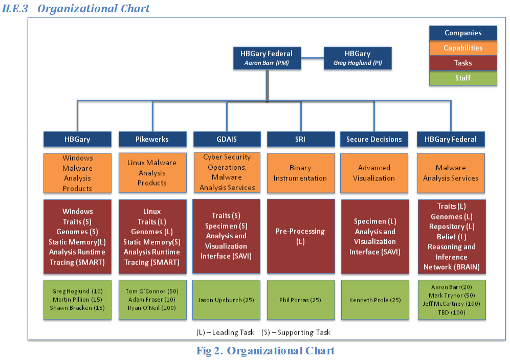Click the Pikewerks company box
[x=152, y=139]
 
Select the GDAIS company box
[x=227, y=139]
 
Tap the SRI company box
[x=301, y=139]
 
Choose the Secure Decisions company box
[x=374, y=139]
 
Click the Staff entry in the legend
[x=463, y=78]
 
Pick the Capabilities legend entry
[x=463, y=48]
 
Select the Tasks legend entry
[x=463, y=63]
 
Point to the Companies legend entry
[x=463, y=33]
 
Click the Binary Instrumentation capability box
[x=301, y=173]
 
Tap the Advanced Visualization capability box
[x=374, y=173]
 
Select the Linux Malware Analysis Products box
[x=152, y=173]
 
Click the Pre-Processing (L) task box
[x=301, y=236]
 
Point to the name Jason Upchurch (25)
[x=226, y=300]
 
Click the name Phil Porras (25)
[x=300, y=300]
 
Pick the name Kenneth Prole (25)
[x=375, y=300]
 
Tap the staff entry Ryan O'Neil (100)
[x=152, y=308]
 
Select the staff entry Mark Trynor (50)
[x=452, y=295]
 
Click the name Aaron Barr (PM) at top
[x=267, y=63]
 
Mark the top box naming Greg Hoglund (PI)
[x=358, y=58]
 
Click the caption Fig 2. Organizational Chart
[x=265, y=351]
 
